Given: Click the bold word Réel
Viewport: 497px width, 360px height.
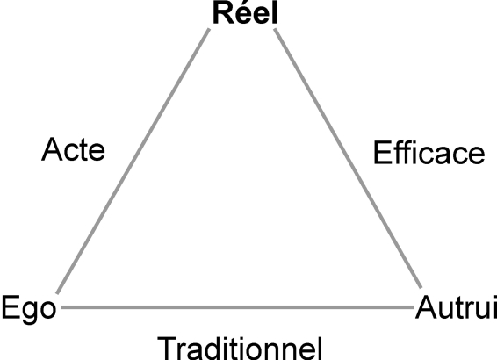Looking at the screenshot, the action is (245, 12).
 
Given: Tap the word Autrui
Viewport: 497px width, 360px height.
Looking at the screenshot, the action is (457, 307).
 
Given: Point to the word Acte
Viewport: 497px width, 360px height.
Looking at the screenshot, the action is (73, 149).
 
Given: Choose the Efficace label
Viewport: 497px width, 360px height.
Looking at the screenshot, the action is (429, 153).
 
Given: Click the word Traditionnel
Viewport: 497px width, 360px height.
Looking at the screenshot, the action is (240, 349).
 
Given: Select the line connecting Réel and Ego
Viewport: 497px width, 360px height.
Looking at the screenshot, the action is (133, 161).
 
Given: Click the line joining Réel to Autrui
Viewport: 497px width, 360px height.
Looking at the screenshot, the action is (348, 158).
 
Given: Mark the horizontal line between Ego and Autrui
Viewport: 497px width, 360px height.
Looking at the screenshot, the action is (237, 307).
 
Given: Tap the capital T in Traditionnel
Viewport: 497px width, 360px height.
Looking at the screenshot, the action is (167, 349).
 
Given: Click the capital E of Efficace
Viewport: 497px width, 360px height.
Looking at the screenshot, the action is (383, 153).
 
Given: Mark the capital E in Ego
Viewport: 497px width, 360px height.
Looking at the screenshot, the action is (11, 307).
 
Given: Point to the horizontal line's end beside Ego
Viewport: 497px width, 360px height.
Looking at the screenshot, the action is (61, 307).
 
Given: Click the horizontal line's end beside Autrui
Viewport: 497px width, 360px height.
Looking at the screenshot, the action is (414, 307).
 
